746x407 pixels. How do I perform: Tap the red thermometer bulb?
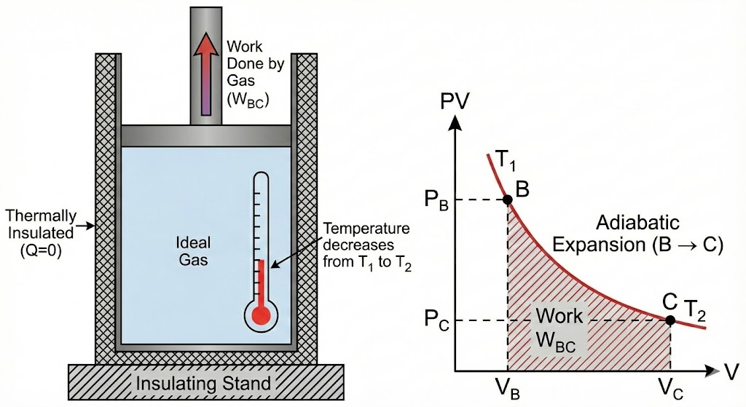261,315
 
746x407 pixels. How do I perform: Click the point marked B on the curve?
508,199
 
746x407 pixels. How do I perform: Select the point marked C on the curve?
670,319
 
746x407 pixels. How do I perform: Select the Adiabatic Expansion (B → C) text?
637,233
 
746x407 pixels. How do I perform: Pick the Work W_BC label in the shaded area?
559,330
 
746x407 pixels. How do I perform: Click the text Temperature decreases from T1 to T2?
368,247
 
